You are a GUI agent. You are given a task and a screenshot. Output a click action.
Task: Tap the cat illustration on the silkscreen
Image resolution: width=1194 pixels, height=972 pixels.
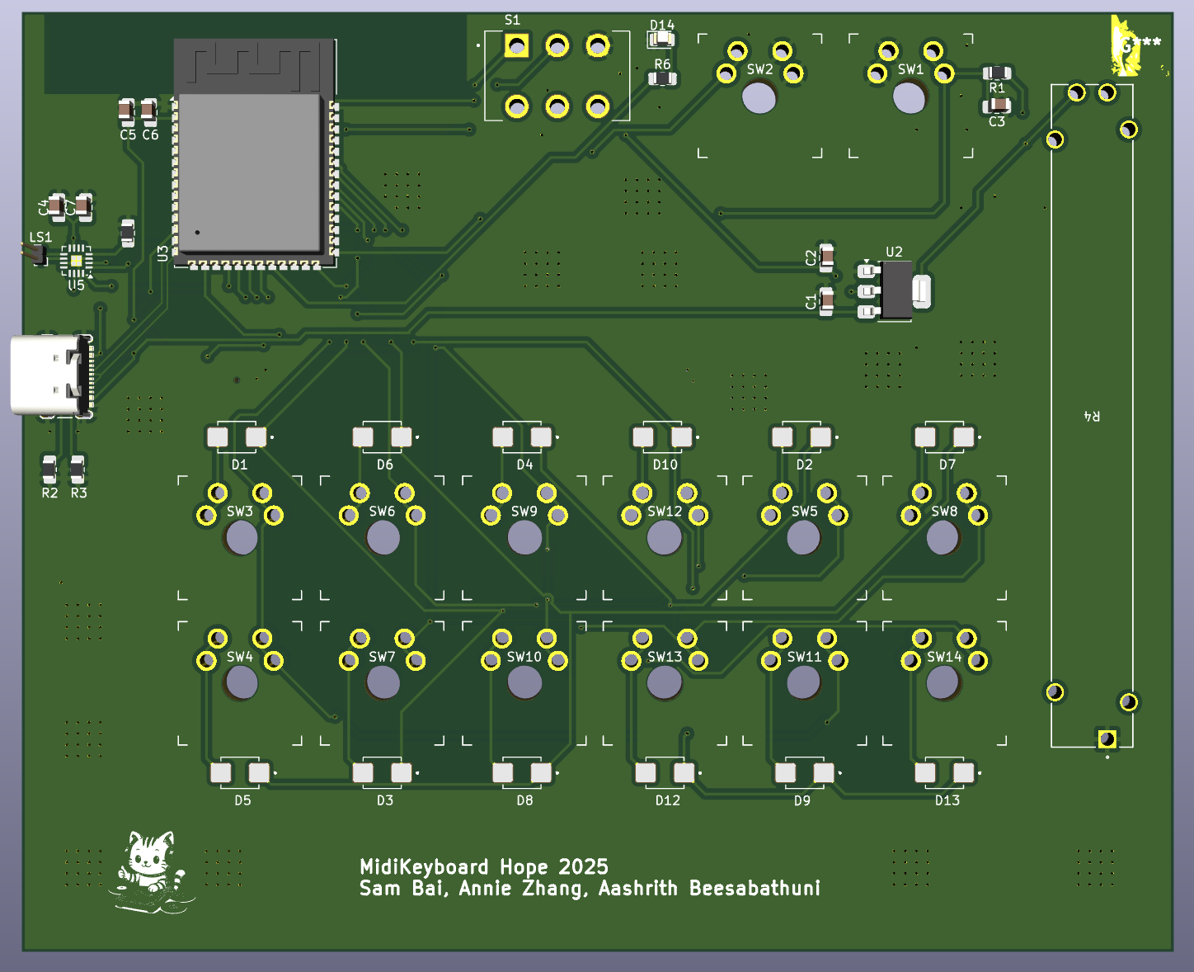(149, 871)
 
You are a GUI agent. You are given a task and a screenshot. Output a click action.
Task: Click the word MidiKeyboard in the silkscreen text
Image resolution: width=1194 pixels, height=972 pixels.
(424, 867)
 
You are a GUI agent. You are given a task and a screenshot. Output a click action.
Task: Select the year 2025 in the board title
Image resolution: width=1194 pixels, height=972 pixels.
(583, 867)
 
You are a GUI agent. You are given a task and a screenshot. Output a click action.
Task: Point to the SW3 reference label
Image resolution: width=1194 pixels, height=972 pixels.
(240, 512)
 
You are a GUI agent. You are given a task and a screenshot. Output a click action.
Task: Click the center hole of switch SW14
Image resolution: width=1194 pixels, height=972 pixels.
(943, 682)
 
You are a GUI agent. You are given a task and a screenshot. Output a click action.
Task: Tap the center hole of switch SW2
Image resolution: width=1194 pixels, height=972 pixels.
(759, 97)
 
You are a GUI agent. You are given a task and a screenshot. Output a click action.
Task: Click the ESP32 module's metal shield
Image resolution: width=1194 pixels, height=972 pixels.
(249, 172)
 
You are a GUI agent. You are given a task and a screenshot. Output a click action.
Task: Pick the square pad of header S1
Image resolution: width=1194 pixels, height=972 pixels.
(517, 46)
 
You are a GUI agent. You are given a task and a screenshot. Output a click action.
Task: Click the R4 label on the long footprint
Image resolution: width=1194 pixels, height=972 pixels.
(1091, 417)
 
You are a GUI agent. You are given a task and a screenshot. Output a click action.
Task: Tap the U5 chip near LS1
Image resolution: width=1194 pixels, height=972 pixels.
(76, 261)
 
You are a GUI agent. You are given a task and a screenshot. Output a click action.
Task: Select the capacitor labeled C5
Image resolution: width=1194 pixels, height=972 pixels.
(126, 110)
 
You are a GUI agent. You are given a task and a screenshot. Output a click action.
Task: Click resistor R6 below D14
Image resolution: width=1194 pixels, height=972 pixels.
(662, 79)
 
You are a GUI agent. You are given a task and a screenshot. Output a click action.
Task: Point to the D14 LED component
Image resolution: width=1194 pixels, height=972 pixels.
(661, 40)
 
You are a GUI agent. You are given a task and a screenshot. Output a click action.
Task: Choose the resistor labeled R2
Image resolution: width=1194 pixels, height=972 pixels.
(49, 469)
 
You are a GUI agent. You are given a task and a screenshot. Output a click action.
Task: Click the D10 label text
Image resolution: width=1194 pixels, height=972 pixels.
(665, 465)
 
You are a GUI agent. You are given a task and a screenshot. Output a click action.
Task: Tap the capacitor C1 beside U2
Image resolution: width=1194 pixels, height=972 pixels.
(826, 301)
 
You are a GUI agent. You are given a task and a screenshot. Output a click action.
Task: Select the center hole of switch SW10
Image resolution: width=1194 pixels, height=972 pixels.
(524, 682)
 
